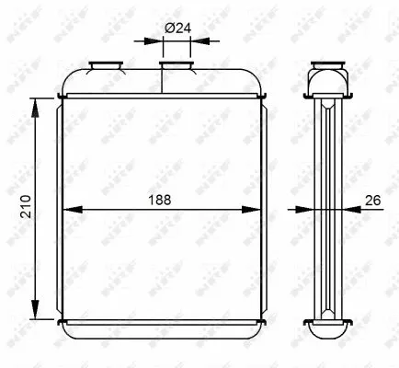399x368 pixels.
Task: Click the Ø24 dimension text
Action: (177, 28)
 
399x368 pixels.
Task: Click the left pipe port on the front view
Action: (107, 66)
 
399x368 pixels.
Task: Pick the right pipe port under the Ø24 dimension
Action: (177, 67)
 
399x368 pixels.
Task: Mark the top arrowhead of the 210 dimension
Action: (36, 103)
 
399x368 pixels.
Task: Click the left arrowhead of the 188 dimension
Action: (66, 210)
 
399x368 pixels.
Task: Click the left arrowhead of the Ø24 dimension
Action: (157, 41)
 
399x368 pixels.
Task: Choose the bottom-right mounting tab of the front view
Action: (263, 321)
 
